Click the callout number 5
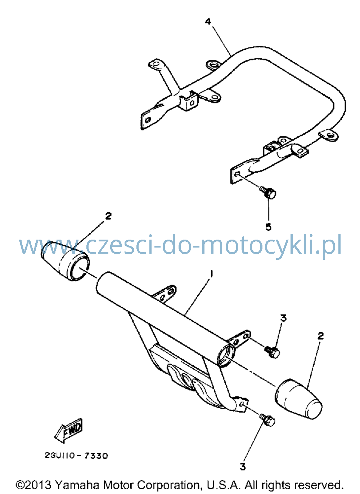point(268,226)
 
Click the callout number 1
point(212,274)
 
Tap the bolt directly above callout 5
point(268,193)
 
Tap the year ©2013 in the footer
point(34,485)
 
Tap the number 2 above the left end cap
point(108,216)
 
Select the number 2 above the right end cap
point(320,335)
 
